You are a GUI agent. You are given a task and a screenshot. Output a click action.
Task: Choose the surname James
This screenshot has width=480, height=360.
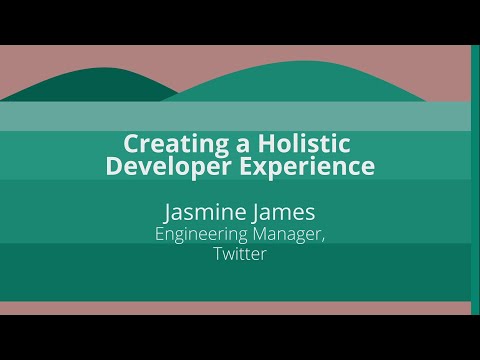tap(283, 212)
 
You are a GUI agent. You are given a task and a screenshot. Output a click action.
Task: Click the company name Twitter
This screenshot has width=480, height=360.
tap(240, 254)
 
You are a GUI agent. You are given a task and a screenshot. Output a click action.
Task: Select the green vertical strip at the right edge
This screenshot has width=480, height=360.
tap(475, 180)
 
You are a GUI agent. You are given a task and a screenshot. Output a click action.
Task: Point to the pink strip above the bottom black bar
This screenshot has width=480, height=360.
tap(240, 308)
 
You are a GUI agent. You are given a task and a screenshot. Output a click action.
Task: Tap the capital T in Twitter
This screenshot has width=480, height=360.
tap(217, 254)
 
